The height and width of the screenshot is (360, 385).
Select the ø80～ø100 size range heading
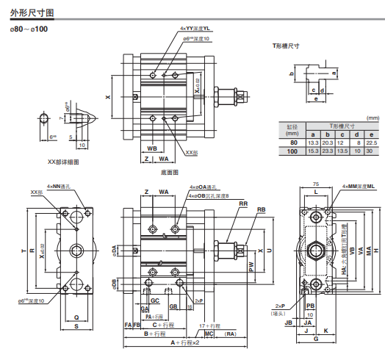pos(29,29)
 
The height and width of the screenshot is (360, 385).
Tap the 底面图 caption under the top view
pos(170,172)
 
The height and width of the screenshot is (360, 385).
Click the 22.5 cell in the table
pos(371,143)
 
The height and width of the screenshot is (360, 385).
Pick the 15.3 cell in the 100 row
pos(312,151)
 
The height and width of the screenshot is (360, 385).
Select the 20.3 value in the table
pos(327,143)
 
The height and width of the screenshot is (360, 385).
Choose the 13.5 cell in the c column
pos(342,151)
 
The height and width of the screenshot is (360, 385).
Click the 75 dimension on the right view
pos(316,184)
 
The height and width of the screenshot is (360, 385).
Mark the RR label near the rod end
pos(243,204)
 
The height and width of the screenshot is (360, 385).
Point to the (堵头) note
pos(279,312)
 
